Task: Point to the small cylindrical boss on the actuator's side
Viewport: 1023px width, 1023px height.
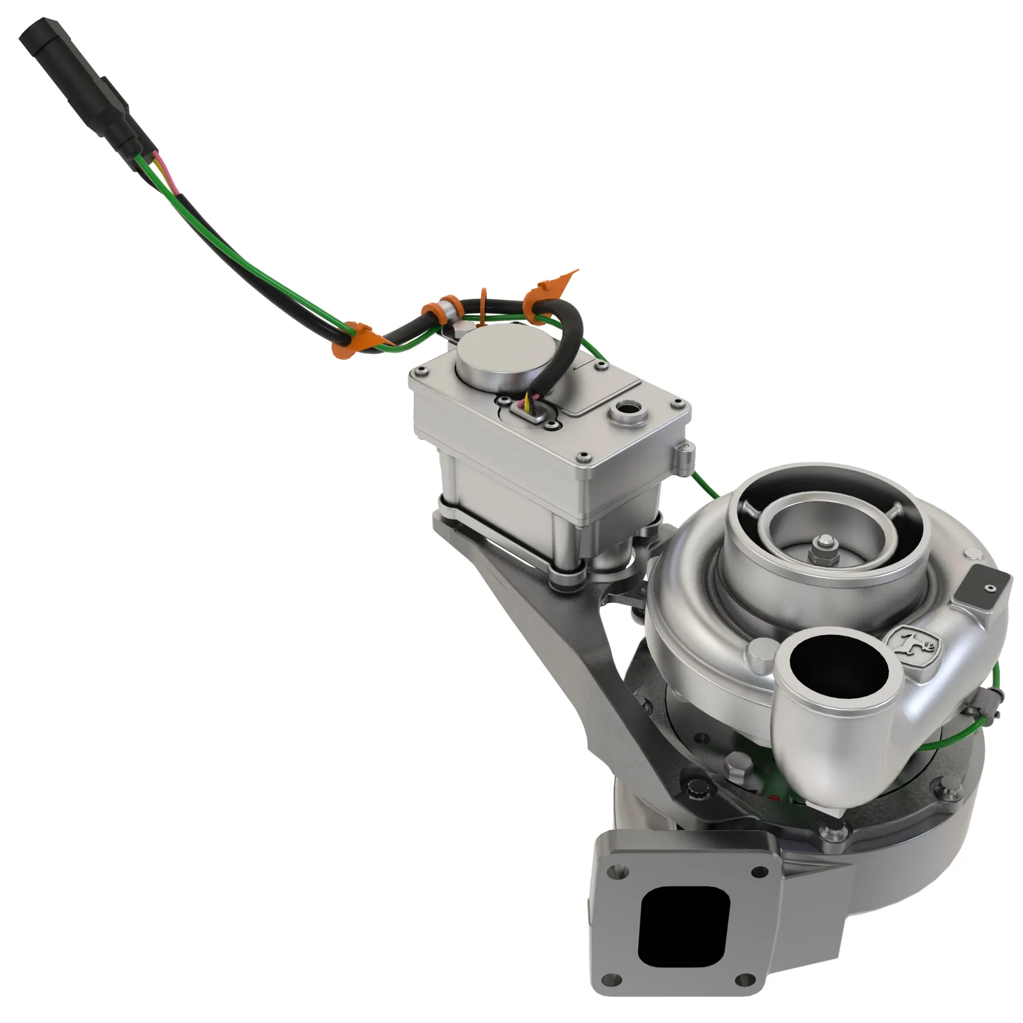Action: point(685,455)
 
